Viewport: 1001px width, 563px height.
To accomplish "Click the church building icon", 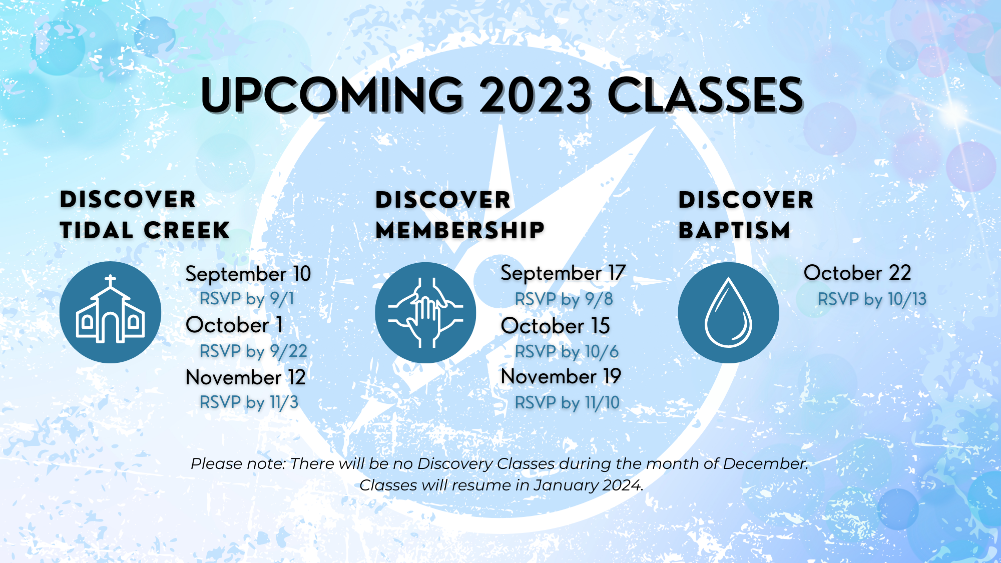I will [110, 312].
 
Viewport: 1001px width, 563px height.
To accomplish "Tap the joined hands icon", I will [425, 313].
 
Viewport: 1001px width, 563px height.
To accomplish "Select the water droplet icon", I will [728, 313].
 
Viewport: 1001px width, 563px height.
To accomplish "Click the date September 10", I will [248, 274].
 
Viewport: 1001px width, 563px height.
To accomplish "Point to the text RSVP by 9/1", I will [247, 299].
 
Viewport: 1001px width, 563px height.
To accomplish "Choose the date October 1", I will [234, 325].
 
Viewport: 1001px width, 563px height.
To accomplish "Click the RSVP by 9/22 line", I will [253, 351].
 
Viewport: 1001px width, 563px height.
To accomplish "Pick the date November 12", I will [245, 377].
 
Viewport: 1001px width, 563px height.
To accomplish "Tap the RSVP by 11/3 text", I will [249, 402].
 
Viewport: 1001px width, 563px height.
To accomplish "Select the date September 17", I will [563, 273].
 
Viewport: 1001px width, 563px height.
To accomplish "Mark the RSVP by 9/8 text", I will [564, 299].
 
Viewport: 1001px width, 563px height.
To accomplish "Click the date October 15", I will [556, 326].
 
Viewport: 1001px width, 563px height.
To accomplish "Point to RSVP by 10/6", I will [567, 352].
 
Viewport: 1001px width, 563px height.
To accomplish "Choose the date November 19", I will [561, 377].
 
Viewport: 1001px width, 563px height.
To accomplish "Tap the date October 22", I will [857, 273].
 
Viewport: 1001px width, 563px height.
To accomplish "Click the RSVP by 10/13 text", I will [872, 299].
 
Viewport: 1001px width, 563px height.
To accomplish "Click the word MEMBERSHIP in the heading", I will [460, 231].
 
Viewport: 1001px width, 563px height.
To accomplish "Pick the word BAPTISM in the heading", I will [734, 231].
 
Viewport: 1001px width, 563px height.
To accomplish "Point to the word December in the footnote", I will [765, 464].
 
